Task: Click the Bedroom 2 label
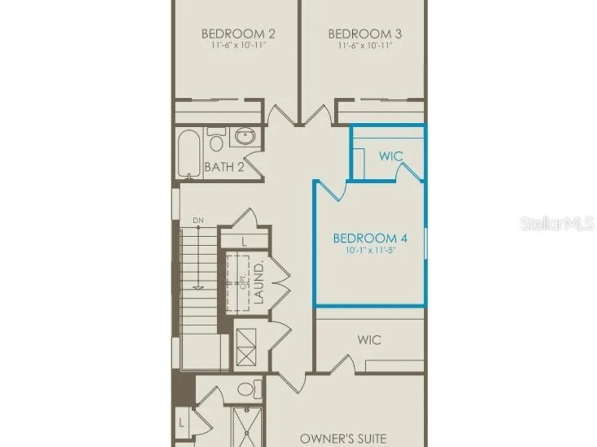tap(238, 34)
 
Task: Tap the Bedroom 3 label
tap(365, 34)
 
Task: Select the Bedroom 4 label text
tap(370, 238)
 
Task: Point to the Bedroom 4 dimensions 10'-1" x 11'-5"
tap(371, 250)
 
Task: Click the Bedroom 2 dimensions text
tap(238, 45)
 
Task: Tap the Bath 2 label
tap(224, 166)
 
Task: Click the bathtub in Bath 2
tap(189, 154)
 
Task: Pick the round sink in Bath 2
tap(245, 136)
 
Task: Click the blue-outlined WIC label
tap(390, 156)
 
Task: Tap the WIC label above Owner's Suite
tap(370, 340)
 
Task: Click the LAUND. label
tap(259, 282)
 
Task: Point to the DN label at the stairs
tap(198, 220)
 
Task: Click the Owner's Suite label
tap(343, 439)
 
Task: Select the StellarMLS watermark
tap(557, 223)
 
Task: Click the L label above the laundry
tap(244, 241)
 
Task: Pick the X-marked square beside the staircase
tap(246, 347)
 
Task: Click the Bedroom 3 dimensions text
tap(365, 45)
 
